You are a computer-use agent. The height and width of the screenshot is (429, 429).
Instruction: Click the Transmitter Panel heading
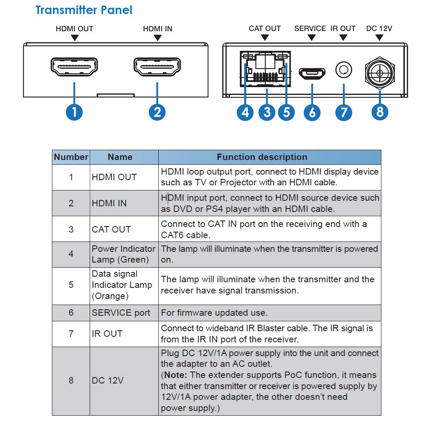[84, 10]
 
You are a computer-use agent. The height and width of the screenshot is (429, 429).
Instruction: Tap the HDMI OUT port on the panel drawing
[74, 66]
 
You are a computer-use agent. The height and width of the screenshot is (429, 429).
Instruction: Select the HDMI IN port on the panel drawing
[157, 66]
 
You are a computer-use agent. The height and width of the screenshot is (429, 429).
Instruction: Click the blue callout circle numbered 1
[74, 112]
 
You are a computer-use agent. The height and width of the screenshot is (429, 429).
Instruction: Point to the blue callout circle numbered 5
[287, 112]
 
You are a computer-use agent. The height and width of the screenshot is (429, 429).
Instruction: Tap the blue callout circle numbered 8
[380, 112]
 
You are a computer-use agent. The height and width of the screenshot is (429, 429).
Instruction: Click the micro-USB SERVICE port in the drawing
[312, 73]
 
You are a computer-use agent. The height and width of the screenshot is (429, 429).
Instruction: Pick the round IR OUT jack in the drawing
[344, 70]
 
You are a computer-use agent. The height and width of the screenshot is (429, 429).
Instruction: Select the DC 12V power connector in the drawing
[380, 73]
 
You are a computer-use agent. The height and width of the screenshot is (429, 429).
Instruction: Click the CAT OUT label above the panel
[265, 28]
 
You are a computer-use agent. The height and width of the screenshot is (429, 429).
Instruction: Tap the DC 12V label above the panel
[379, 28]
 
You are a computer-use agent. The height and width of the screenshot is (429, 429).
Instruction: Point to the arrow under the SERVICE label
[311, 38]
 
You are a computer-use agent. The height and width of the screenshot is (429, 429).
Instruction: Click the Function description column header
[262, 157]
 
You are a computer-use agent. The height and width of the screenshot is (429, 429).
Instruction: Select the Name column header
[120, 157]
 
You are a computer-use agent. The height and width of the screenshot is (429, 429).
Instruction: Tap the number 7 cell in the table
[71, 334]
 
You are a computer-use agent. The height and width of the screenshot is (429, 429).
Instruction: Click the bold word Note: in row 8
[175, 375]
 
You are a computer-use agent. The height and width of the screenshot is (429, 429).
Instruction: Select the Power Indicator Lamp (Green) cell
[124, 254]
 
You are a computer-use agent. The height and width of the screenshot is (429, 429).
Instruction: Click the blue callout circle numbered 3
[267, 112]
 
